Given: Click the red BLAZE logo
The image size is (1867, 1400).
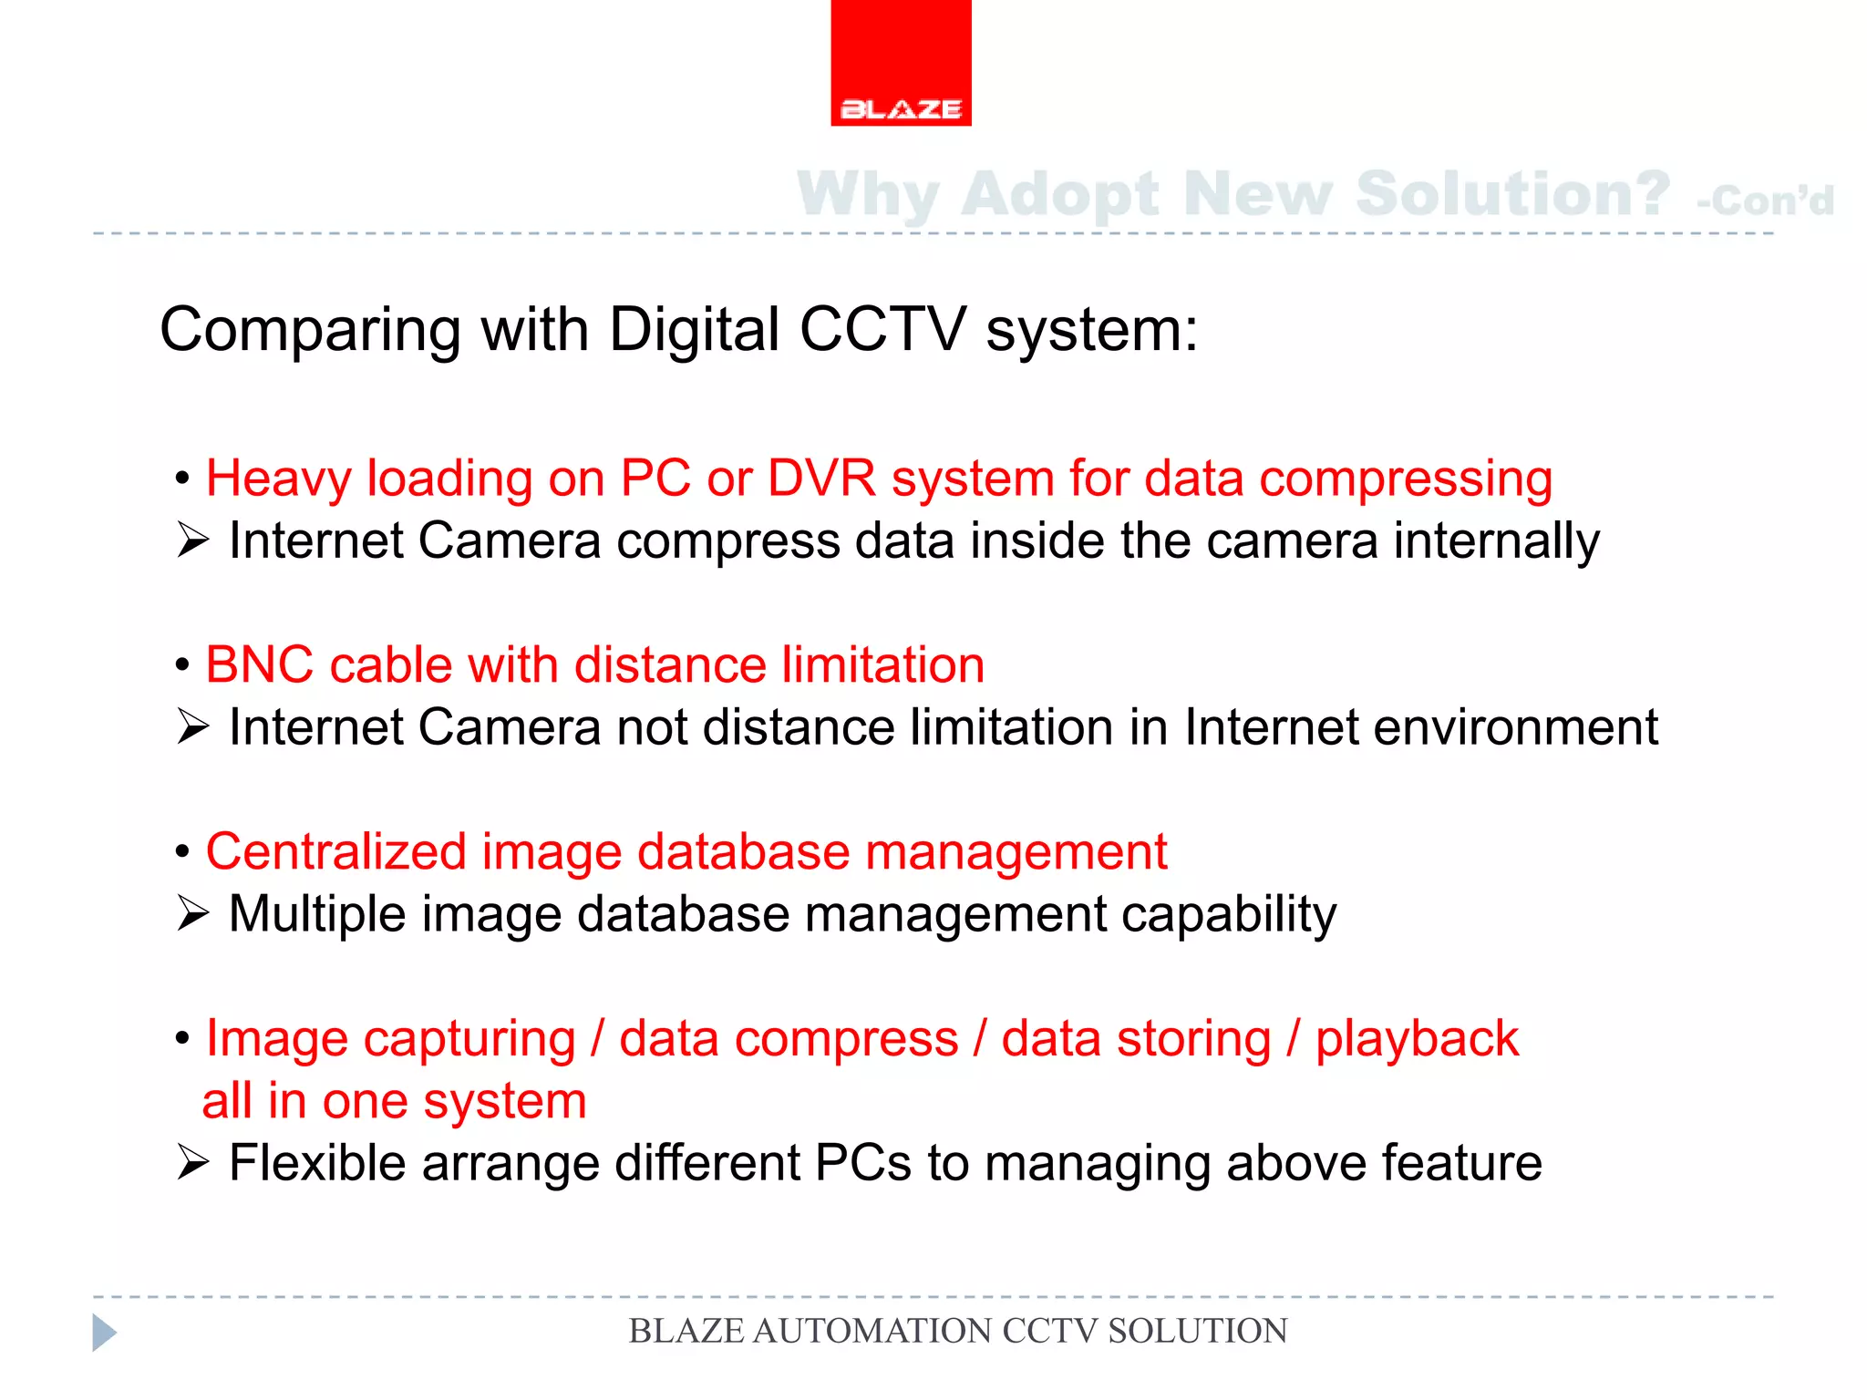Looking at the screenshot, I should (x=901, y=64).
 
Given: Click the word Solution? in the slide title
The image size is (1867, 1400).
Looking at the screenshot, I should (x=1512, y=194).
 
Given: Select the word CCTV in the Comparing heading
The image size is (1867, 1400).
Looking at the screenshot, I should (x=882, y=329).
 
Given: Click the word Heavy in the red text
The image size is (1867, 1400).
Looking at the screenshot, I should (x=277, y=479).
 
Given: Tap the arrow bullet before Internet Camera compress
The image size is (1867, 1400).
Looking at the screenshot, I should (x=193, y=540).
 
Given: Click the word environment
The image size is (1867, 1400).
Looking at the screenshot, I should (x=1515, y=727).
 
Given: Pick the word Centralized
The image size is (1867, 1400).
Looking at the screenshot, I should (x=335, y=851).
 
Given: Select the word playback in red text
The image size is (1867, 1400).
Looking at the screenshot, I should (x=1417, y=1039).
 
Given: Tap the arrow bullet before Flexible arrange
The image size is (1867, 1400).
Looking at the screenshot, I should (x=193, y=1163).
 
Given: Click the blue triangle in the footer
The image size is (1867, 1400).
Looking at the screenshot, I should (x=104, y=1333).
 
